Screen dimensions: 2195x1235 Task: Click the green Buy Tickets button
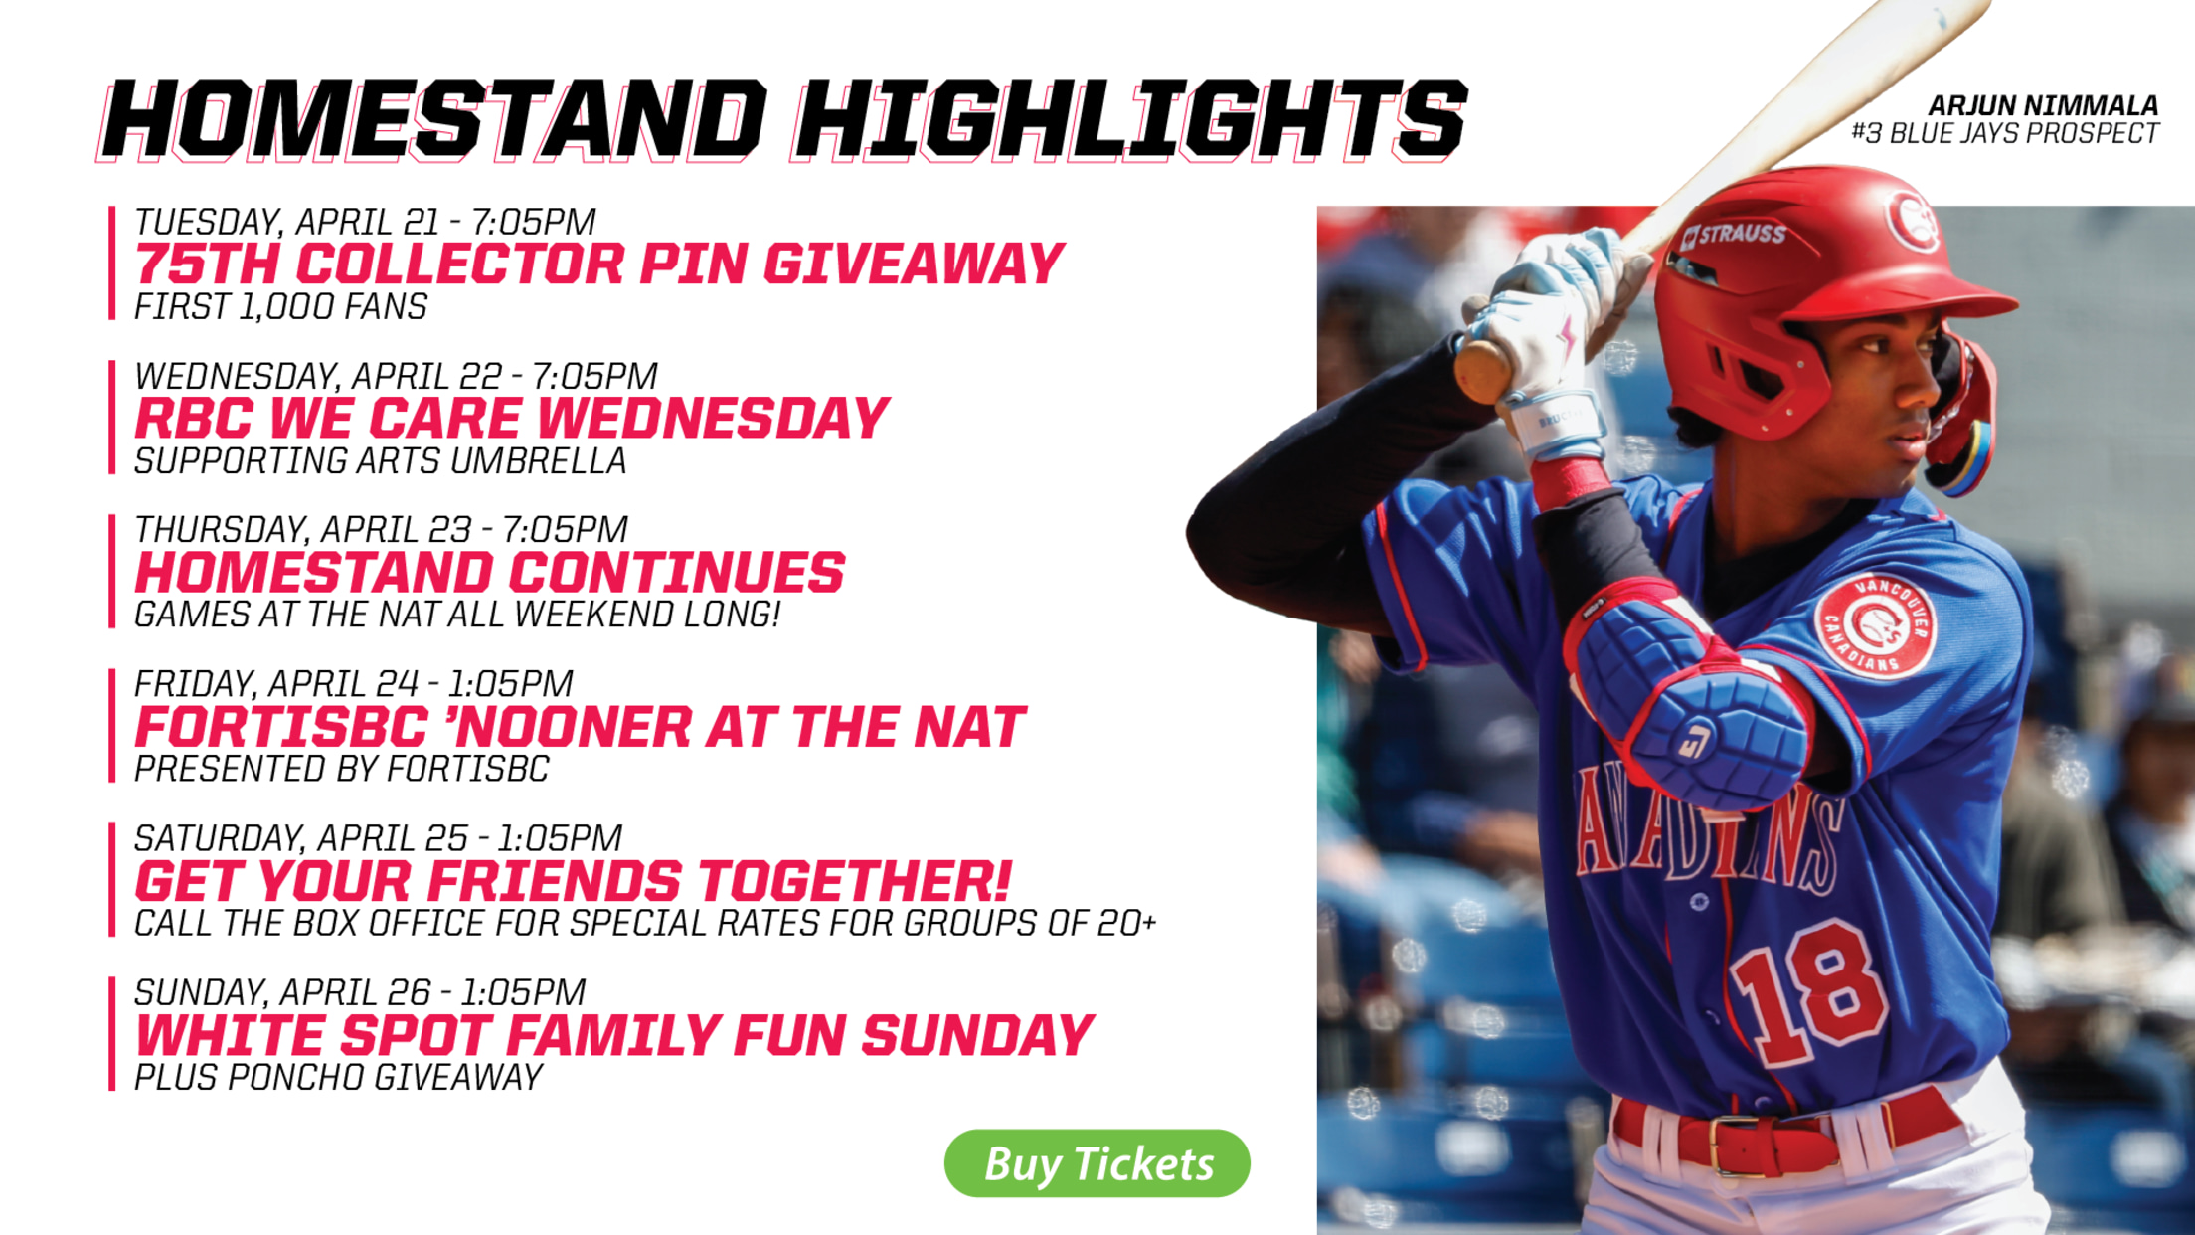tap(1097, 1162)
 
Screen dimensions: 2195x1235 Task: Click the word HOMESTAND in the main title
tap(433, 120)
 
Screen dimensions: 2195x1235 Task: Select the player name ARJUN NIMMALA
tap(2043, 105)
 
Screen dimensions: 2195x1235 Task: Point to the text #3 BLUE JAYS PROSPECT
tap(2004, 133)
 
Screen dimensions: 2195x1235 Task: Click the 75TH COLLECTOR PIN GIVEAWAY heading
tap(599, 265)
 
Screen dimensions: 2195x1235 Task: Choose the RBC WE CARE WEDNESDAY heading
tap(512, 418)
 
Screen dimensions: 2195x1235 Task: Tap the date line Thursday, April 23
tap(382, 529)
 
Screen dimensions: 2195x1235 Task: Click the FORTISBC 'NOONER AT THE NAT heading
tap(581, 727)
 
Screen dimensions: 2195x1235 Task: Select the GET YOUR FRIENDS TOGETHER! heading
tap(574, 881)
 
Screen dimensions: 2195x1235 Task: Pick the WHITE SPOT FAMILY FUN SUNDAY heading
tap(614, 1035)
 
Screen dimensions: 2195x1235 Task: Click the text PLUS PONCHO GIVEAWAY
tap(339, 1077)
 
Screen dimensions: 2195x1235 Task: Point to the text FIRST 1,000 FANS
tap(281, 307)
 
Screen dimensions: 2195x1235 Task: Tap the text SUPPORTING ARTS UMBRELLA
tap(381, 461)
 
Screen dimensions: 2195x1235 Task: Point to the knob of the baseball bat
tap(1481, 370)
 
